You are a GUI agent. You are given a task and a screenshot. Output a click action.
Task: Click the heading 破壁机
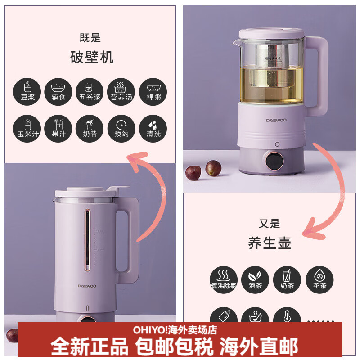click(92, 57)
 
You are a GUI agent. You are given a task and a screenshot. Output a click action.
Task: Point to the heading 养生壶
click(270, 243)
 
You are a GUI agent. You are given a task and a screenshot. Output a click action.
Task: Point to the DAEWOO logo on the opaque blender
click(87, 285)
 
